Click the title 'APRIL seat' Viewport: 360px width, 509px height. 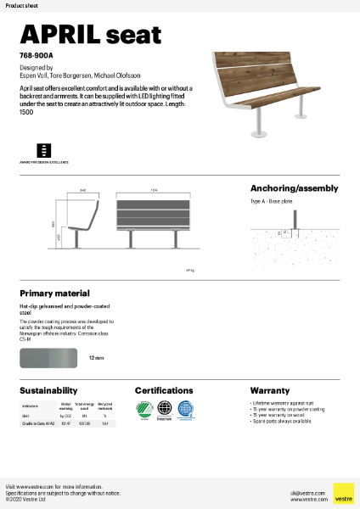pos(90,34)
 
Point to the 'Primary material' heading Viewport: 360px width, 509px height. pos(54,293)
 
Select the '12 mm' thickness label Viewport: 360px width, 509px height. pos(96,359)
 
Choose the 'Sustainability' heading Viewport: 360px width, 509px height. pos(49,390)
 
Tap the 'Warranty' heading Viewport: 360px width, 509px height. pos(270,390)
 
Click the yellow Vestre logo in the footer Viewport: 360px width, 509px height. pos(343,493)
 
